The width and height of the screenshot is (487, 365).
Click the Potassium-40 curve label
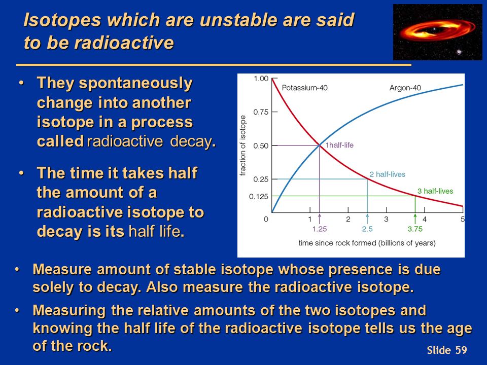(x=304, y=88)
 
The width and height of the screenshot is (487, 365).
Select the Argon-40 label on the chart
(x=405, y=88)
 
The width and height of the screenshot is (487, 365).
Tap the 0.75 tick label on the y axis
(x=261, y=112)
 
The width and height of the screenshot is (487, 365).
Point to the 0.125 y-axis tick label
(x=258, y=197)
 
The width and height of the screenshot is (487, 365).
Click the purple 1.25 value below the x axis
(x=319, y=229)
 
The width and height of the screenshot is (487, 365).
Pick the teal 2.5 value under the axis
(x=367, y=229)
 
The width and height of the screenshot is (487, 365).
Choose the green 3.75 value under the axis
(x=415, y=229)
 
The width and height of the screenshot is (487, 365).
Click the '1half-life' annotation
(x=339, y=145)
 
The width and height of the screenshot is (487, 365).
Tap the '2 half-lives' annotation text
(x=387, y=174)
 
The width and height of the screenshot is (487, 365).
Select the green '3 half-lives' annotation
(x=435, y=191)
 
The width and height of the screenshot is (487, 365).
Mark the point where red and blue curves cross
(x=319, y=145)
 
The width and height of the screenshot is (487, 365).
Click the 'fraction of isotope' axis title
(x=243, y=145)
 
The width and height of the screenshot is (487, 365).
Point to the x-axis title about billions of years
(x=367, y=243)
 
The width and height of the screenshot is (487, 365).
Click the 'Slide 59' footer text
(x=446, y=350)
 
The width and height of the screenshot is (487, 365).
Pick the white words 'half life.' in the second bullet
(x=156, y=231)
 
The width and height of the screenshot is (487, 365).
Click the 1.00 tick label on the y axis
(x=261, y=79)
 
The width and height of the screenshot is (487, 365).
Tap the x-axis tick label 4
(x=424, y=219)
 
